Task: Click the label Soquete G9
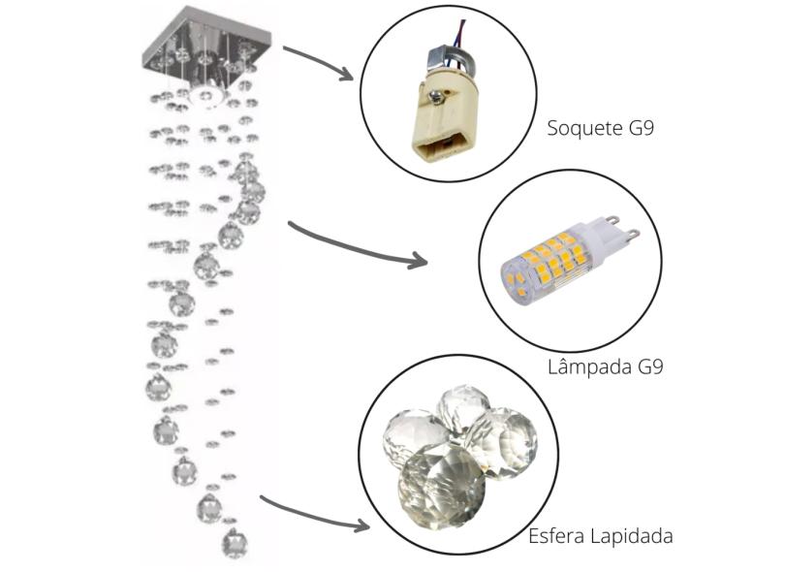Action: point(600,128)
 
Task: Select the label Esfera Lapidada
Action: point(601,536)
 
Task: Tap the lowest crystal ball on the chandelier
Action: point(234,542)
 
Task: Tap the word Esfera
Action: point(556,536)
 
